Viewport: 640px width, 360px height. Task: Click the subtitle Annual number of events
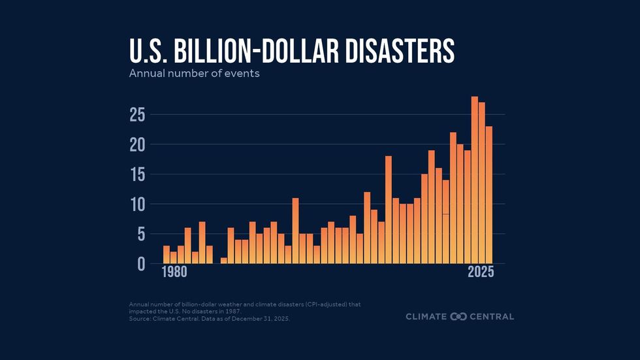point(194,73)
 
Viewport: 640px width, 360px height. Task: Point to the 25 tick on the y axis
point(137,115)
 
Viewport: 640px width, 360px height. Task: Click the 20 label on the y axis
point(137,144)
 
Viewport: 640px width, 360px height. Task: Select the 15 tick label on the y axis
point(137,174)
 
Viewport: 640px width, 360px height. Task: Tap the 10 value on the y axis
point(137,205)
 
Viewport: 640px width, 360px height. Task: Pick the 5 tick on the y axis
point(141,234)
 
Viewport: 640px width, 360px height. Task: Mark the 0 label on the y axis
point(141,264)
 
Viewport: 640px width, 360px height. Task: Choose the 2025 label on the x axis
point(480,273)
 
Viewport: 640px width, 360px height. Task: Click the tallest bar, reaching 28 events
point(475,180)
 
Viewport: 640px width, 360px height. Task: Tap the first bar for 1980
point(167,255)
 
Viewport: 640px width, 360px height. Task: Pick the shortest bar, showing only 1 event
point(224,261)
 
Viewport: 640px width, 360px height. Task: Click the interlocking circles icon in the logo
point(458,317)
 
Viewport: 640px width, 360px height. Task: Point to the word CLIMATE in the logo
point(426,317)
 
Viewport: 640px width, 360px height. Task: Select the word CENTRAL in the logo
point(492,317)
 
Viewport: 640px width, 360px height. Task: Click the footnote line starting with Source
point(209,319)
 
